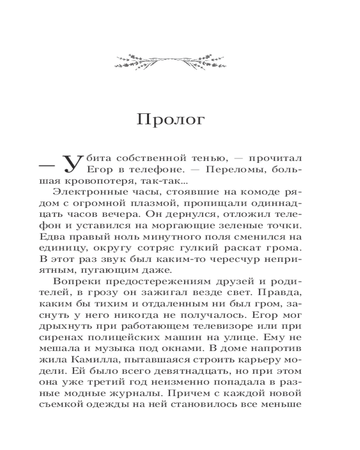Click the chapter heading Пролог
[x=171, y=120]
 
